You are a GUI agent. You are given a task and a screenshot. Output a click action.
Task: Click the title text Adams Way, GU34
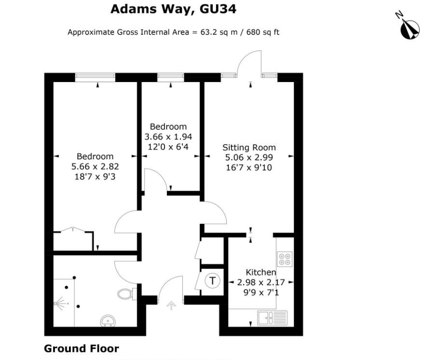174,9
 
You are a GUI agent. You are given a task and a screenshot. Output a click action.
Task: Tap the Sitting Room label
249,148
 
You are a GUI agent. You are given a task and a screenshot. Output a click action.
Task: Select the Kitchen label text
261,273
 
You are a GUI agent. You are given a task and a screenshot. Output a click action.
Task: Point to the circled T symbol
213,280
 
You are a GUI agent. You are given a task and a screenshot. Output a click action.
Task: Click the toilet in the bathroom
126,293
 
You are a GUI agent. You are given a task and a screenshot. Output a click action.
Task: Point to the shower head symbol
60,304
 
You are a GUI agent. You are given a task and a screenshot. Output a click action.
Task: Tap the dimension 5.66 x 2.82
95,166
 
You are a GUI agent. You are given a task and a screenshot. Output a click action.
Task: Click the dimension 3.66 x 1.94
168,137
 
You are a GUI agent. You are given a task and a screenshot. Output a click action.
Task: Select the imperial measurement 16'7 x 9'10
249,167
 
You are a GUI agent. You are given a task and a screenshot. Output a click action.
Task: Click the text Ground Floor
81,348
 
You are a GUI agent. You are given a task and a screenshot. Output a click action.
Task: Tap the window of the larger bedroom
95,76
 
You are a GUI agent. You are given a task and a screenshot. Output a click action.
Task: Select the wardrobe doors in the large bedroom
73,231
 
